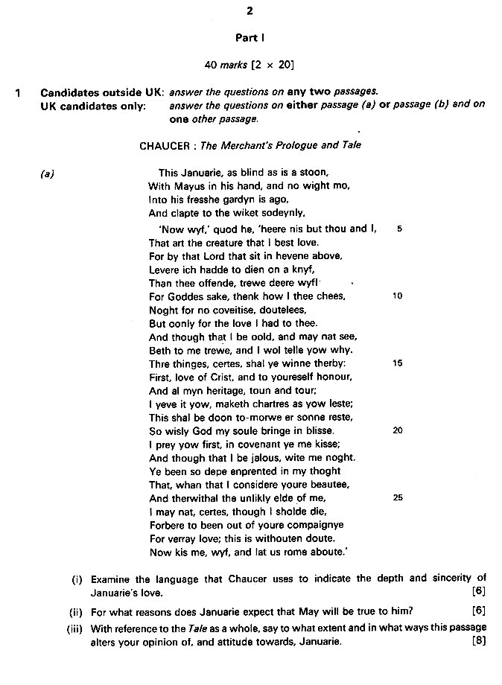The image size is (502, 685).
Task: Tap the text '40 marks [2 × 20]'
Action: [x=250, y=65]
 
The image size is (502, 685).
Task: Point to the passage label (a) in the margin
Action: [x=47, y=174]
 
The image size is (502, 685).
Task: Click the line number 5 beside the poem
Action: [x=399, y=229]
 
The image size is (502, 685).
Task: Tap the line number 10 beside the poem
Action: [x=397, y=296]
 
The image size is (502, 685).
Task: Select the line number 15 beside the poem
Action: [x=397, y=363]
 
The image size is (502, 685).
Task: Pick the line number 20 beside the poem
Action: [x=397, y=430]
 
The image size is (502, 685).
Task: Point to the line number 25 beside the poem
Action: [x=397, y=497]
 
